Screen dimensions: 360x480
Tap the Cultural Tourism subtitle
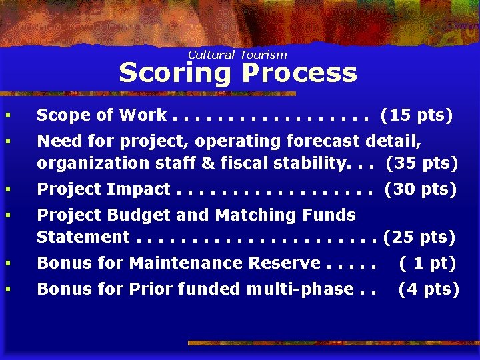pyautogui.click(x=237, y=55)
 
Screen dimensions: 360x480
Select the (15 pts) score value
pyautogui.click(x=417, y=115)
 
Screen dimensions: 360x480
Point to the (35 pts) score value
pyautogui.click(x=422, y=163)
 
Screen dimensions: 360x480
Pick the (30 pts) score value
pyautogui.click(x=421, y=189)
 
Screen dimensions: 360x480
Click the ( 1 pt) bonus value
pyautogui.click(x=427, y=263)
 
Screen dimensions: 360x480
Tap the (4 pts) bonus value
pyautogui.click(x=429, y=289)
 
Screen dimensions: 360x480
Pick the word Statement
pyautogui.click(x=83, y=237)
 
